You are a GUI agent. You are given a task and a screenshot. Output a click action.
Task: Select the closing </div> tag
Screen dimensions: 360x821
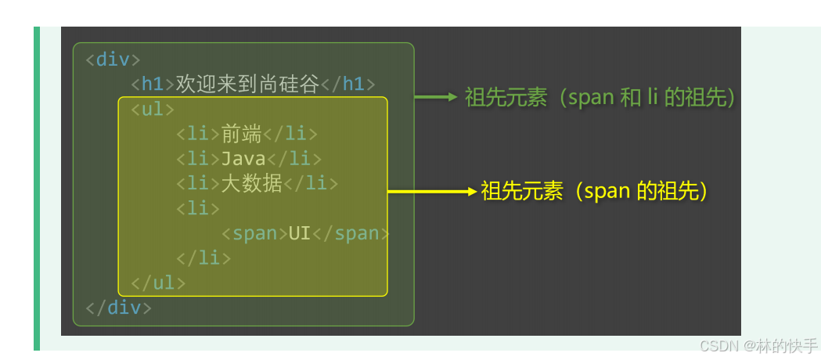click(x=119, y=308)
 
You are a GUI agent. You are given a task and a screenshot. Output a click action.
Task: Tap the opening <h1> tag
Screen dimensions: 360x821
click(x=153, y=84)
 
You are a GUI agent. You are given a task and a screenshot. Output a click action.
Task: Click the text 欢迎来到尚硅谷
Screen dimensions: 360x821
click(x=248, y=84)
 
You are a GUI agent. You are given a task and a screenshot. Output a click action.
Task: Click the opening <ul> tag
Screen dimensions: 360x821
click(x=153, y=109)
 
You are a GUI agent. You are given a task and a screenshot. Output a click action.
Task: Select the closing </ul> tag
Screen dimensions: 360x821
click(x=159, y=283)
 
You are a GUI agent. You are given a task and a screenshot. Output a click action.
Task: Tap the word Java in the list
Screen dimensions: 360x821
click(x=243, y=159)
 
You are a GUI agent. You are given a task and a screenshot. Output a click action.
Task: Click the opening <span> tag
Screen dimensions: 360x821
click(x=254, y=233)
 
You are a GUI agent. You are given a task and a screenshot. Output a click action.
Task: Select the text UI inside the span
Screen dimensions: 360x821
click(x=300, y=233)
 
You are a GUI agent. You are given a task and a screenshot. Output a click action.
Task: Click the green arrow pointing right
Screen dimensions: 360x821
click(x=435, y=97)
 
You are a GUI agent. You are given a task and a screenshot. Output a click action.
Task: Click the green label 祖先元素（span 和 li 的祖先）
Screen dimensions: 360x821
click(x=601, y=97)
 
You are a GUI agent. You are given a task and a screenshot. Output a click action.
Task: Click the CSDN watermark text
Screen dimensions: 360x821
click(x=758, y=346)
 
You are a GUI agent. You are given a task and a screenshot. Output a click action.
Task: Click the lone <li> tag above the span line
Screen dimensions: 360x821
click(x=199, y=208)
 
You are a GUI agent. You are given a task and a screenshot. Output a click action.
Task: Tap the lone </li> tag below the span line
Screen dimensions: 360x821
click(x=204, y=257)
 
